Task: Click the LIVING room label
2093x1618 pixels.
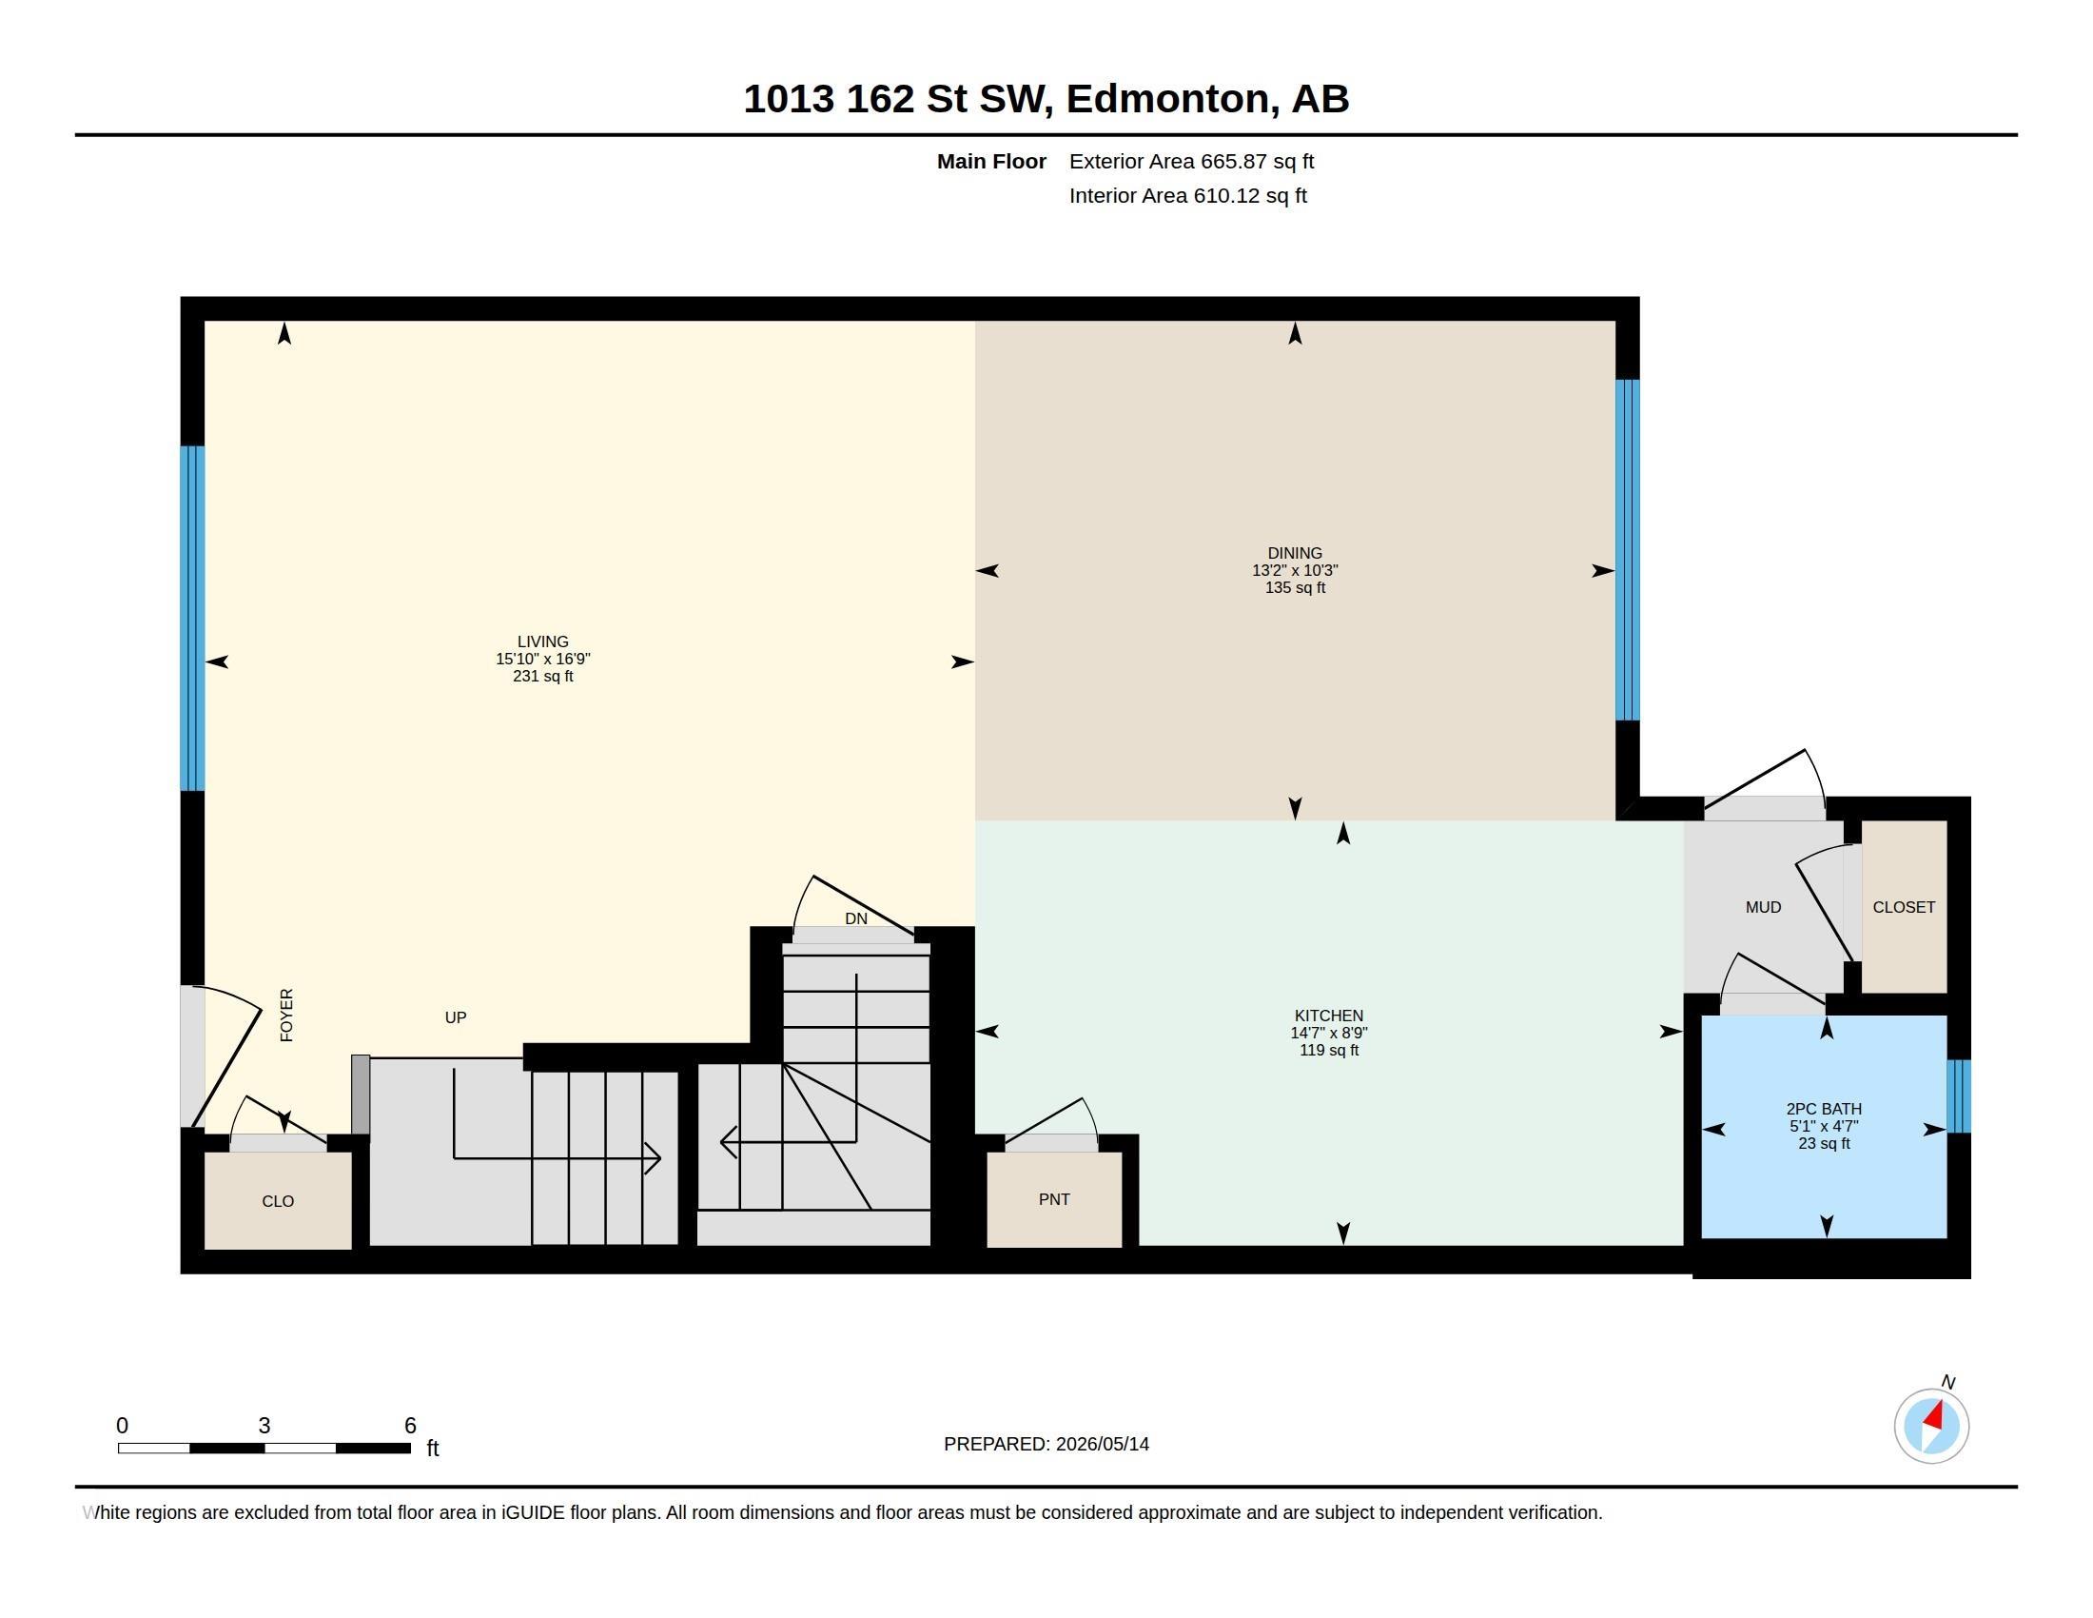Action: (x=542, y=641)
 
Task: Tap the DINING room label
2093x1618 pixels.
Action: (x=1295, y=553)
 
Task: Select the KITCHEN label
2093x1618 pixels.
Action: (x=1328, y=1016)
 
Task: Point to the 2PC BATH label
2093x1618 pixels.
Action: (x=1824, y=1109)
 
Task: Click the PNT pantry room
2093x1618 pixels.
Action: (x=1054, y=1199)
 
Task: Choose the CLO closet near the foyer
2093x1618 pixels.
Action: (x=278, y=1201)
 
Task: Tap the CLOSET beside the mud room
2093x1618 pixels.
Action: (x=1905, y=907)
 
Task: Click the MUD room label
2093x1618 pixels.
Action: (x=1763, y=907)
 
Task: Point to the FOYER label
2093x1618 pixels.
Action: (x=285, y=1016)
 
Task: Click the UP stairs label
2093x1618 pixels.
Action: (x=455, y=1017)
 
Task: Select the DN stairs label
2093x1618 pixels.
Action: (x=856, y=918)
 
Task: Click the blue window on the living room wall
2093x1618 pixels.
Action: (x=192, y=619)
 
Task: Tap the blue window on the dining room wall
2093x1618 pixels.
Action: (x=1627, y=550)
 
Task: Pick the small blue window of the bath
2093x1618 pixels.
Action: (x=1959, y=1096)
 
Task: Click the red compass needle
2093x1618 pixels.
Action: (x=1935, y=1417)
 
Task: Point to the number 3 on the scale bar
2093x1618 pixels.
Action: (x=264, y=1426)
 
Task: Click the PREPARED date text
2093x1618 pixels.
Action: (x=1046, y=1444)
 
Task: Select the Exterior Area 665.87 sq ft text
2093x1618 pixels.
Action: (x=1191, y=161)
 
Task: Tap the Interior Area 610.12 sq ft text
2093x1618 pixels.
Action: (x=1187, y=195)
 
